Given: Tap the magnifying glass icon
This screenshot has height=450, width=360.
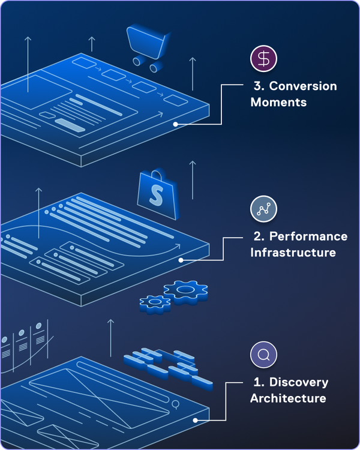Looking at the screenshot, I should point(263,355).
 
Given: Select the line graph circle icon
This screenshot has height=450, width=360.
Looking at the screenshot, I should point(263,208).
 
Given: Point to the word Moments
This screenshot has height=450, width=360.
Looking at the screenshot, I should point(278,103).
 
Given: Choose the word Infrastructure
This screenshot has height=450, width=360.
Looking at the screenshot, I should point(293,252).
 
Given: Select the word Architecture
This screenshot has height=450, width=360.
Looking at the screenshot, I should point(288,398).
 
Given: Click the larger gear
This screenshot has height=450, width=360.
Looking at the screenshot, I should point(186,292).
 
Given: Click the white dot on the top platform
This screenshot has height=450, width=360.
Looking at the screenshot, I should point(175,124).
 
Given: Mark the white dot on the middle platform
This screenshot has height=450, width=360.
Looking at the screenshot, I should point(181,260).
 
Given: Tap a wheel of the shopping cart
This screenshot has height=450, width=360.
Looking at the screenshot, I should point(137,61).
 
